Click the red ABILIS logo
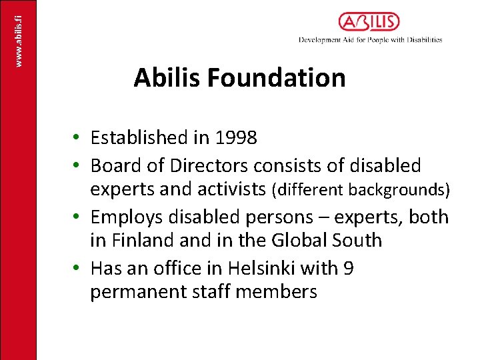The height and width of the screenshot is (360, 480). (x=369, y=22)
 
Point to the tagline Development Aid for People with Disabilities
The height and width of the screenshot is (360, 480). (x=370, y=40)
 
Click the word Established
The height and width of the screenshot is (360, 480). (x=139, y=138)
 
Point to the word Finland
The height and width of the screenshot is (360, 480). (x=147, y=240)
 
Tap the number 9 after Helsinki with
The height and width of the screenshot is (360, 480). (x=347, y=268)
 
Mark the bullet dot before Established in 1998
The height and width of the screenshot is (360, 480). (x=78, y=138)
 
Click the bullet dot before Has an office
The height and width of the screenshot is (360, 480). (x=78, y=268)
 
